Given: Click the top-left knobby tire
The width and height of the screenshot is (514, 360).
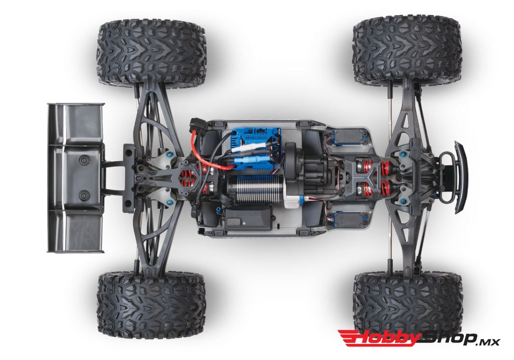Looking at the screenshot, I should (x=151, y=52).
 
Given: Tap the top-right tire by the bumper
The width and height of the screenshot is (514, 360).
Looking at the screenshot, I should (x=407, y=50).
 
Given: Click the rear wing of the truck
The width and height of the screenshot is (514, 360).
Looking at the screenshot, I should (x=75, y=178).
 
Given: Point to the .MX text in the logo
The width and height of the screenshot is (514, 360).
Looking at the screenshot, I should (x=488, y=341).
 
